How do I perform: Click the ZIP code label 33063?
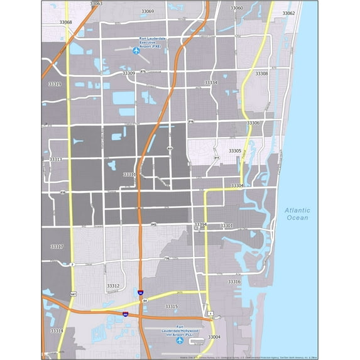pos(95,4)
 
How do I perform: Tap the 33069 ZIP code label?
pos(148,11)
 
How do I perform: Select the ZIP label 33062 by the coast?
pos(288,13)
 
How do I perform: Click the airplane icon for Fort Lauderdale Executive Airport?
pos(136,51)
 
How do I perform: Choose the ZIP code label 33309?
pos(129,74)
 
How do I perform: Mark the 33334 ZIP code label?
pos(210,83)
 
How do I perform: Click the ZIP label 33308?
pos(261,74)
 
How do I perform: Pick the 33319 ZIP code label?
pos(55,84)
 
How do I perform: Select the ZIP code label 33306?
pos(253,123)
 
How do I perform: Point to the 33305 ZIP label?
pos(235,151)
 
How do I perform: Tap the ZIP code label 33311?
pos(129,175)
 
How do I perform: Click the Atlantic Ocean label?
pos(297,214)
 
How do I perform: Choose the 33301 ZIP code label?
pos(226,226)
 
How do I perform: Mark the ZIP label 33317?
pos(57,246)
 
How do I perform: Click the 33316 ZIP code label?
pos(234,282)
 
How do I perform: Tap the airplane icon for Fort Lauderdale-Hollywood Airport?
pos(180,341)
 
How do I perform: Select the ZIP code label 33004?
pos(214,337)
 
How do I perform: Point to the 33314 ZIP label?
pos(57,330)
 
